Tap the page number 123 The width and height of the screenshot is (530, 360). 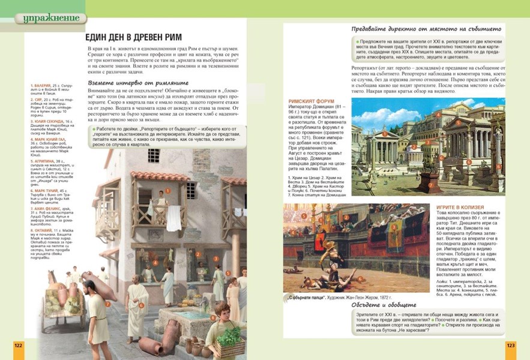click(x=511, y=346)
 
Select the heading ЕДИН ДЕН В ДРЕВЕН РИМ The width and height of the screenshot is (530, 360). click(x=133, y=37)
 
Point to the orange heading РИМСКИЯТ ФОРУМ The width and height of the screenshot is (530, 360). click(x=312, y=102)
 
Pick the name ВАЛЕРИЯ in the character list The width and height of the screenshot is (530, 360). click(x=42, y=86)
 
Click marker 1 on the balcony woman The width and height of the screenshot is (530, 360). click(x=169, y=190)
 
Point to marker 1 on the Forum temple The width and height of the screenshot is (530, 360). click(x=384, y=134)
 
